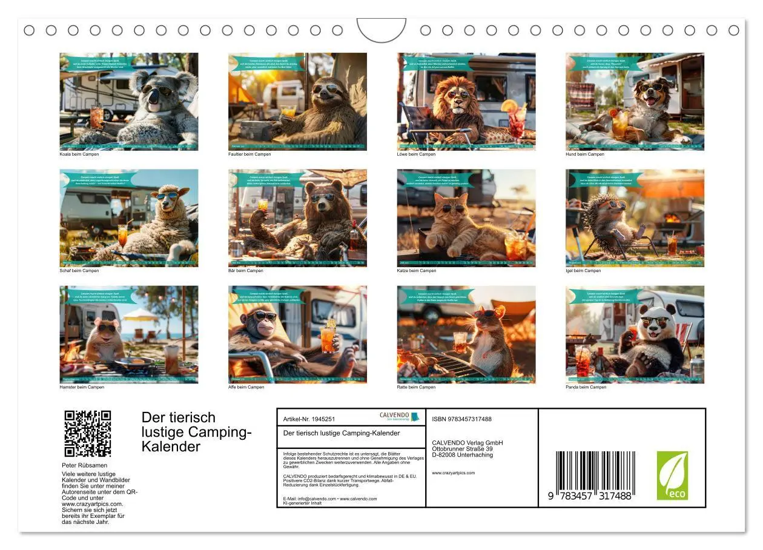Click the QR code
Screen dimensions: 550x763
[x=87, y=434]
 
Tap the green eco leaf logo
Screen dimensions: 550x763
[x=672, y=475]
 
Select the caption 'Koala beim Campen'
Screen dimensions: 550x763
[x=79, y=154]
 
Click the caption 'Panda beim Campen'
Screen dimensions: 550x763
[x=586, y=387]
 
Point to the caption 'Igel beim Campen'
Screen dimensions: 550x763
[x=584, y=271]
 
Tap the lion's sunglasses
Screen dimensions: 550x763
[x=460, y=94]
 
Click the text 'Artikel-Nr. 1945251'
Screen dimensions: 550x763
[x=309, y=419]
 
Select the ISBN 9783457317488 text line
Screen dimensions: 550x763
[x=461, y=419]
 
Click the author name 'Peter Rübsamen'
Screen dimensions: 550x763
[x=84, y=465]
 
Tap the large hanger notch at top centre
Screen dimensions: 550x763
[x=381, y=29]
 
